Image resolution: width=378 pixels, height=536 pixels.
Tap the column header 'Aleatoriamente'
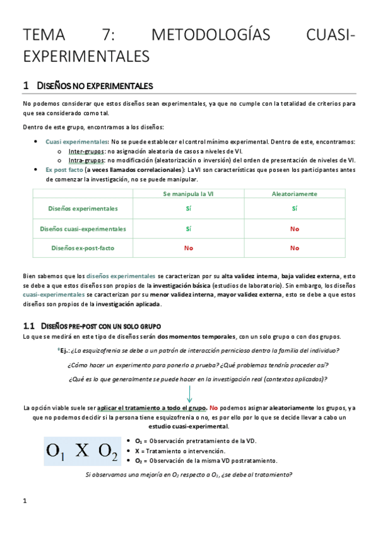pos(294,193)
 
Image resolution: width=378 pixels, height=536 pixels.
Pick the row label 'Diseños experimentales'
pos(83,208)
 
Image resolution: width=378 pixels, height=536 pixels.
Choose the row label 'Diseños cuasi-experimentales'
pos(83,228)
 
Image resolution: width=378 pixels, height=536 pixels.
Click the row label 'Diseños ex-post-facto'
pos(83,248)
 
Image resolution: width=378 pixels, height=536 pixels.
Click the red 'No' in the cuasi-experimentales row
pos(294,228)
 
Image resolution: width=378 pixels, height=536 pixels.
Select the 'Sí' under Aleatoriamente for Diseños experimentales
pos(294,208)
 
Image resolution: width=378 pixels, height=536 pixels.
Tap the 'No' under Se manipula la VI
pos(188,248)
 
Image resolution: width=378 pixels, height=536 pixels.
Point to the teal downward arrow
pos(189,393)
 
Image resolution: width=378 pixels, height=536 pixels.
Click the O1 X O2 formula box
pos(82,450)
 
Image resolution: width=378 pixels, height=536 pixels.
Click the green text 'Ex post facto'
pos(64,169)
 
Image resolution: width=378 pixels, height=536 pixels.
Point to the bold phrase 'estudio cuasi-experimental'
pos(189,427)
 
